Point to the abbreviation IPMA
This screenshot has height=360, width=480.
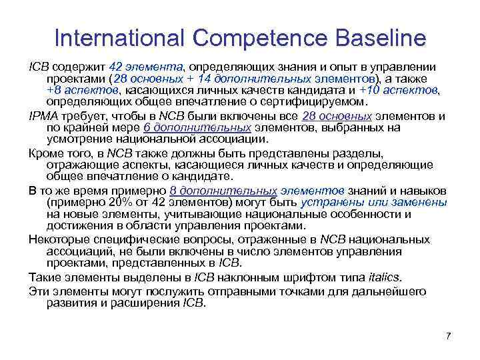(42, 115)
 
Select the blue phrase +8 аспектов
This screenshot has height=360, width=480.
(82, 91)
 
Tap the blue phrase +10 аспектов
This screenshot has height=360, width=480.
(399, 91)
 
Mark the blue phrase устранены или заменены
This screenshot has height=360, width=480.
(375, 202)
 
